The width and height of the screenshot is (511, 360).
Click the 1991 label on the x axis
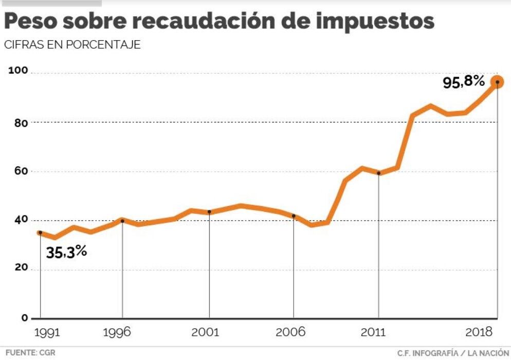[x=48, y=333]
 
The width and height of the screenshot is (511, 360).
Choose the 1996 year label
[x=117, y=333]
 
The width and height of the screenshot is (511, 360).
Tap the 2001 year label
[x=205, y=333]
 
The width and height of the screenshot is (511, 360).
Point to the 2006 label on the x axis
[x=291, y=333]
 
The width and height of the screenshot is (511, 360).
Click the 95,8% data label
[x=464, y=82]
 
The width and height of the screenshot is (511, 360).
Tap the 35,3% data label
[x=66, y=252]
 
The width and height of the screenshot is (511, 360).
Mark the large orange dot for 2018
[x=497, y=82]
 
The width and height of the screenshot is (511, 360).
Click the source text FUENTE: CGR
[x=30, y=353]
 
